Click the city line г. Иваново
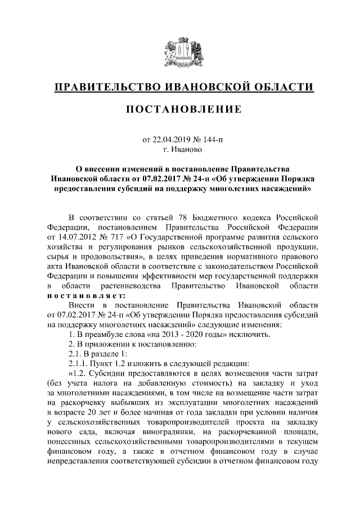tap(179, 150)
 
